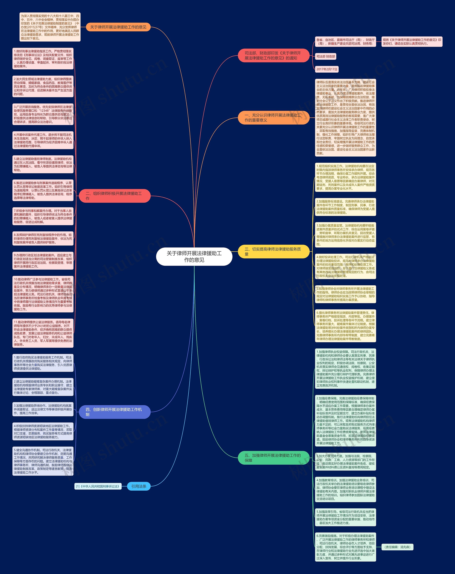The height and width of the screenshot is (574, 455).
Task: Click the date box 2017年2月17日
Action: [x=327, y=69]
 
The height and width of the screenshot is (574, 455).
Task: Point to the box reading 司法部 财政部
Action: [x=326, y=56]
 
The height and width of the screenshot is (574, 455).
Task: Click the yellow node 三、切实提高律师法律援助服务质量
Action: [x=274, y=252]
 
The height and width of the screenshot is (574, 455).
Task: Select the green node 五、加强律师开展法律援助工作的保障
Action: [x=274, y=458]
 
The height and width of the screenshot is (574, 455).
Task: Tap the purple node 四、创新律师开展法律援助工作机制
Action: [x=115, y=412]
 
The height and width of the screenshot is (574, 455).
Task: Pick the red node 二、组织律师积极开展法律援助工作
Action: [x=115, y=196]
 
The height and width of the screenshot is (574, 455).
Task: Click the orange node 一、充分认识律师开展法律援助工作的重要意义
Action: [x=274, y=118]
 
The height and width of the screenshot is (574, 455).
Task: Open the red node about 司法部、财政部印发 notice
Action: [x=274, y=55]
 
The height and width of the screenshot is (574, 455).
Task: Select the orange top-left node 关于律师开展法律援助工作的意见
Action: [x=118, y=27]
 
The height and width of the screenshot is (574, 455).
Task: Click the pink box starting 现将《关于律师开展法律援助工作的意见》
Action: [x=412, y=42]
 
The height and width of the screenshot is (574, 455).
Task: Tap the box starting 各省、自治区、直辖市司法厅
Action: [x=345, y=42]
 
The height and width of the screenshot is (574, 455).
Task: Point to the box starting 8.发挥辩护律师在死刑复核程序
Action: [x=43, y=239]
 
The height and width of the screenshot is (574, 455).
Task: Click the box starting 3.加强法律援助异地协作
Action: [x=43, y=409]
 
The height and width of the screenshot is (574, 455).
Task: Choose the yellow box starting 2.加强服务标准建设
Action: [x=345, y=207]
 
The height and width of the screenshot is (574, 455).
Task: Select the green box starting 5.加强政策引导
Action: [x=345, y=517]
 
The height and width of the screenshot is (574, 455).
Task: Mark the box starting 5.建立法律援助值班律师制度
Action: [x=43, y=164]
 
